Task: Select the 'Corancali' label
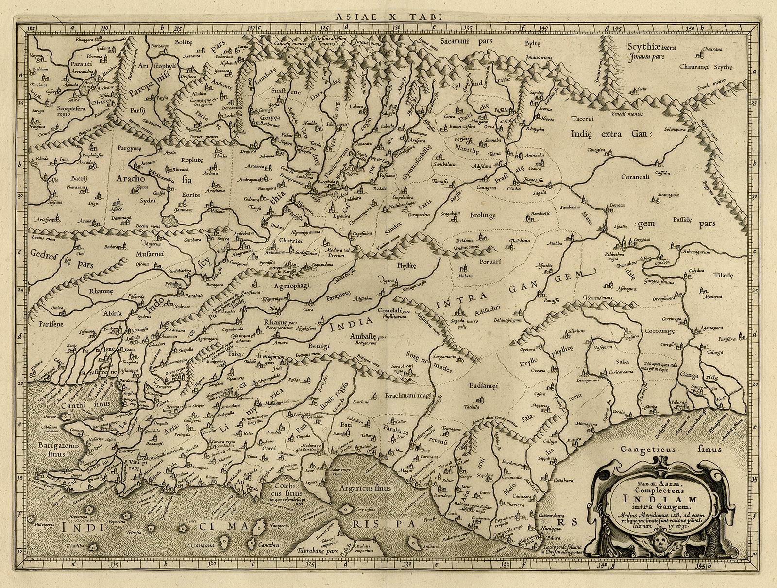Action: pyautogui.click(x=635, y=177)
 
